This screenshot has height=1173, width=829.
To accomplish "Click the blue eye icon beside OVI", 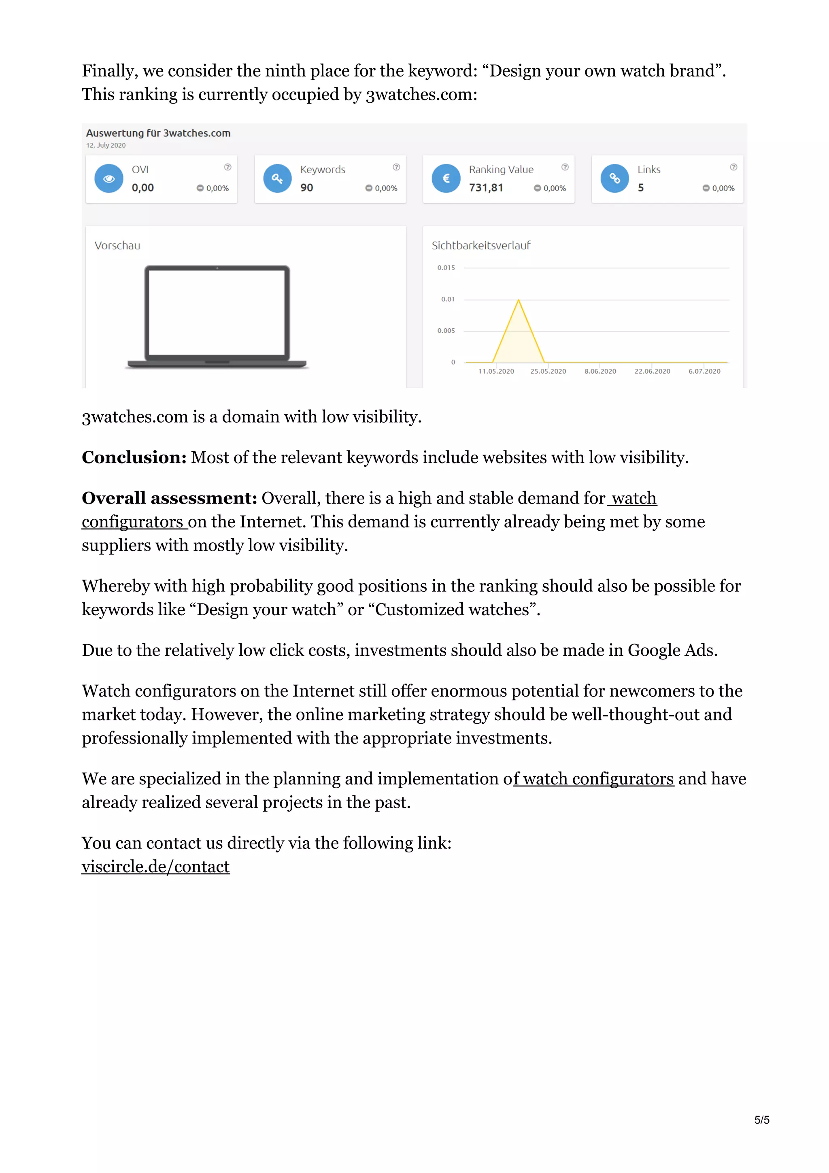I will point(109,178).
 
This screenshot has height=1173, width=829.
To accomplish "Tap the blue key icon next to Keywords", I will point(277,178).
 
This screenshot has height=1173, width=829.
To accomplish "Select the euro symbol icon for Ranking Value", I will point(446,178).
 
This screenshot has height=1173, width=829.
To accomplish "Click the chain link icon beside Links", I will point(614,178).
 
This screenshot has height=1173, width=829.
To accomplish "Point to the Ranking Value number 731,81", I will point(486,187).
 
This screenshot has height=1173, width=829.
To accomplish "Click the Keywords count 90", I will point(306,187).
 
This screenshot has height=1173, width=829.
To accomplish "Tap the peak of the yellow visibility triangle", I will point(519,300).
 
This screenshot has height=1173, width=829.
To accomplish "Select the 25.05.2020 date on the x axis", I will point(548,372).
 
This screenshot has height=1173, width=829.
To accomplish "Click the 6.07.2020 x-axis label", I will point(704,372).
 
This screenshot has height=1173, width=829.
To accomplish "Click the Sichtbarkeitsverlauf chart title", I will point(480,246).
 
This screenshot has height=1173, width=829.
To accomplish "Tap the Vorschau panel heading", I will point(117,246).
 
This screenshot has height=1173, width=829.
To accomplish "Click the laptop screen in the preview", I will point(217,312).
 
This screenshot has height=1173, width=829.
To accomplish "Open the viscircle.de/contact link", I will point(155,867).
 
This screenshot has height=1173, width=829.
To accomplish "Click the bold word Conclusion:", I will point(134,457).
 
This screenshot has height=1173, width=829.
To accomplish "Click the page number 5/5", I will point(761,1120).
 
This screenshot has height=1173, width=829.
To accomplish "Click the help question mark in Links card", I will point(733,167).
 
